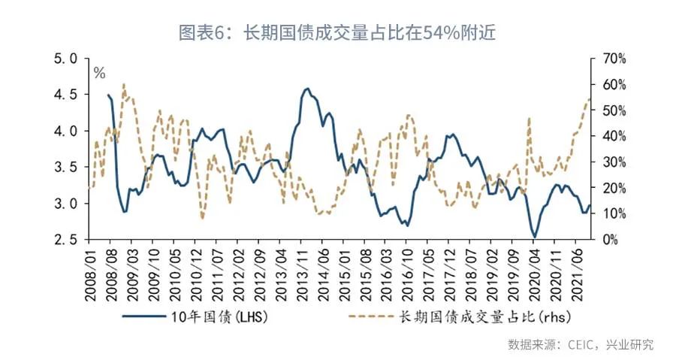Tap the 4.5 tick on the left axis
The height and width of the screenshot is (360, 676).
click(68, 94)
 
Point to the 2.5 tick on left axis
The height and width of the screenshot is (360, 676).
click(68, 239)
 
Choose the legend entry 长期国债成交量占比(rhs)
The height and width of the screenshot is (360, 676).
click(481, 316)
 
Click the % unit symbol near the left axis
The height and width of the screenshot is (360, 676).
click(99, 73)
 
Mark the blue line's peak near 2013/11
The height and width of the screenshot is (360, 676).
click(307, 88)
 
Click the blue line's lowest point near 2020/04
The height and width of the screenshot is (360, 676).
click(535, 237)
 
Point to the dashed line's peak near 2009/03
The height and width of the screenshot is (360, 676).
click(124, 84)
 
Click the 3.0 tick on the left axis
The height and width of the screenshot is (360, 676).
click(68, 203)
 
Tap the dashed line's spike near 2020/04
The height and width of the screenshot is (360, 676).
click(530, 118)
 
